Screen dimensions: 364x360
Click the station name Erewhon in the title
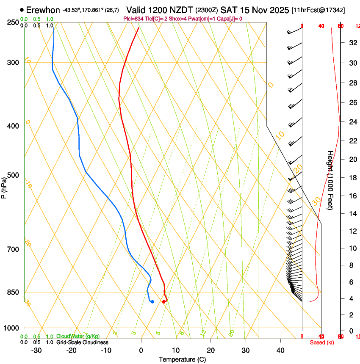[x=43, y=10]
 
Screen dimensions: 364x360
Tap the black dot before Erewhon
[x=22, y=9]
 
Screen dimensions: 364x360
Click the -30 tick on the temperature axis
[x=36, y=350]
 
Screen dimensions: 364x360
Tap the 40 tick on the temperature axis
[x=280, y=350]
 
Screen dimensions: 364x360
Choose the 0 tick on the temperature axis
[x=141, y=350]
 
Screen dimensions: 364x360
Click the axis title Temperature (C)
[x=182, y=359]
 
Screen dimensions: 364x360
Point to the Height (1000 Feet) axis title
[x=331, y=180]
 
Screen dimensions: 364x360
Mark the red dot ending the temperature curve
[x=163, y=302]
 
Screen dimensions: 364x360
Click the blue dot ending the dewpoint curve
[x=152, y=302]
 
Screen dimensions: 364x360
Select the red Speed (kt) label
[x=321, y=342]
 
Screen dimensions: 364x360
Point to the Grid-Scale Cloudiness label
[x=82, y=342]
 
